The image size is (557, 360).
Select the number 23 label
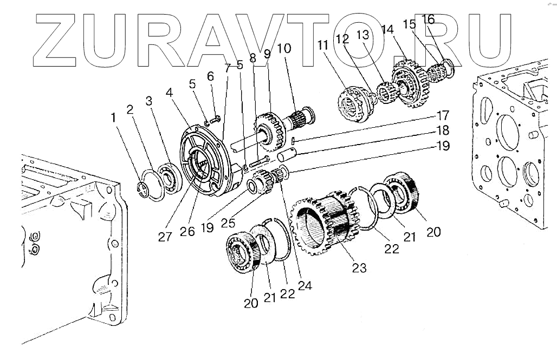coord(359,267)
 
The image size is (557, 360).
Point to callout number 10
coord(284,49)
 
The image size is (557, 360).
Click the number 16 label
coord(428,20)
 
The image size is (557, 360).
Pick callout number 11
coord(323,45)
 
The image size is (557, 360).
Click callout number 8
coord(252,57)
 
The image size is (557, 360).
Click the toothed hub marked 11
coord(353,103)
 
